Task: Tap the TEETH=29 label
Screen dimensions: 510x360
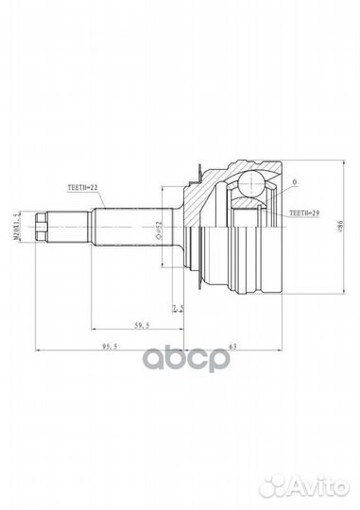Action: [302, 215]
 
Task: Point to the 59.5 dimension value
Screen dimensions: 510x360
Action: [142, 325]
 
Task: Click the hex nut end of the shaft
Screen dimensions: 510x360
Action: [43, 227]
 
